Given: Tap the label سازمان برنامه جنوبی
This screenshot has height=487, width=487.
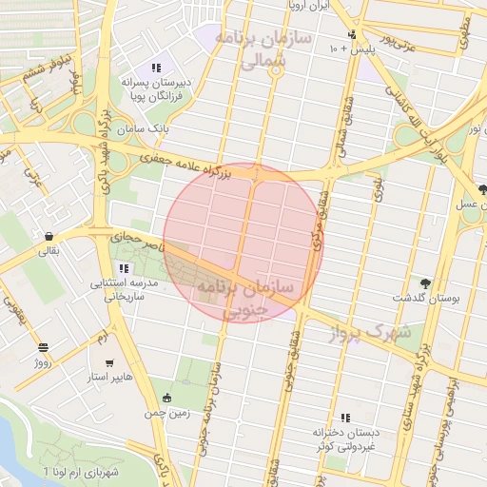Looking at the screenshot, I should [246, 298].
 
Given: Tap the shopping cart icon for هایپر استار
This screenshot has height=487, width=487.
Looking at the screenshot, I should [110, 363].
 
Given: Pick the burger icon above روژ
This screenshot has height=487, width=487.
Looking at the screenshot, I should [43, 347].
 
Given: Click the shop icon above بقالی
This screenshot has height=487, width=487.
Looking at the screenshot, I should [48, 236].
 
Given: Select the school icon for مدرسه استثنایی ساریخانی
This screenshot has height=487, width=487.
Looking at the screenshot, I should [124, 268].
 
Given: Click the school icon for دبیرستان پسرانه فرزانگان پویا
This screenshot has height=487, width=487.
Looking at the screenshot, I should [156, 68].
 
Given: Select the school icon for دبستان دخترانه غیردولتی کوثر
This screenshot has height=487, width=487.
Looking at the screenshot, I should [345, 417].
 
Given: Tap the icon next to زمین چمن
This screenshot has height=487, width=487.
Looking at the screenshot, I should [168, 399].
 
